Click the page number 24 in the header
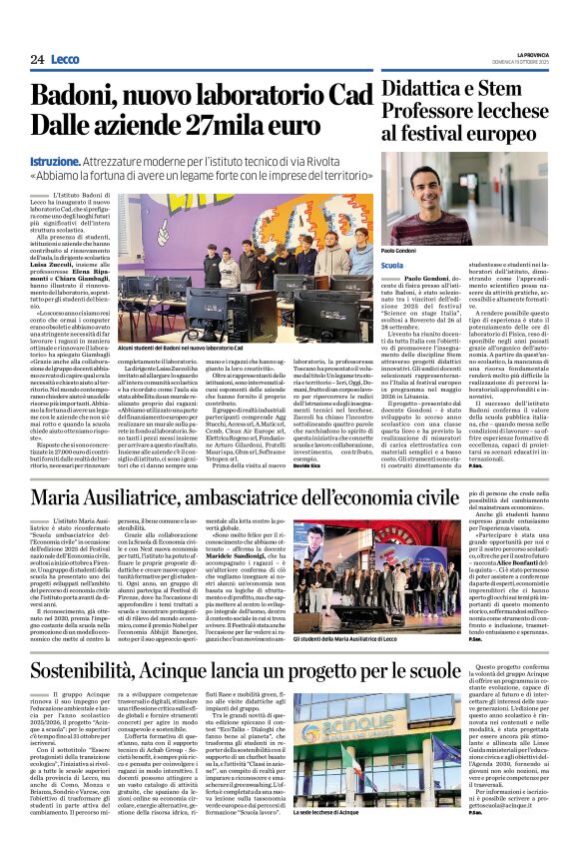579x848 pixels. click(37, 59)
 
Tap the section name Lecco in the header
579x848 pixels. click(66, 59)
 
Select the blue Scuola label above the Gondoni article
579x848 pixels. click(392, 265)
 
